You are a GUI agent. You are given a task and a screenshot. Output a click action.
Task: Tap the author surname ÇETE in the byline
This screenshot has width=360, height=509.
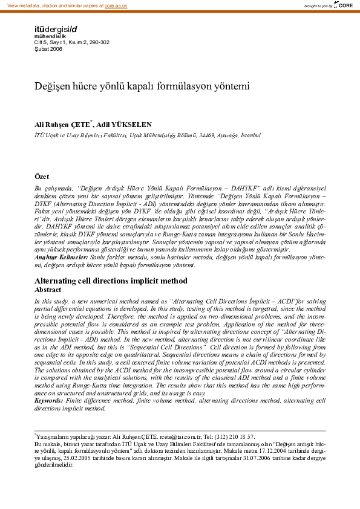click(x=80, y=124)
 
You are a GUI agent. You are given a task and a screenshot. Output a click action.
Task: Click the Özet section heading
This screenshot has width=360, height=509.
click(x=42, y=177)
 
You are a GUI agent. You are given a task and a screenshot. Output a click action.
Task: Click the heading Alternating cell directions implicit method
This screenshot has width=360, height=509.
click(x=111, y=281)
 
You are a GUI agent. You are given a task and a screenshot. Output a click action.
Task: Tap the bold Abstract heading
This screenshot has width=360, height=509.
click(x=49, y=290)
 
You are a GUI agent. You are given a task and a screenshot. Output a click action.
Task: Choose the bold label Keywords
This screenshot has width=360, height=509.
click(x=49, y=400)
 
